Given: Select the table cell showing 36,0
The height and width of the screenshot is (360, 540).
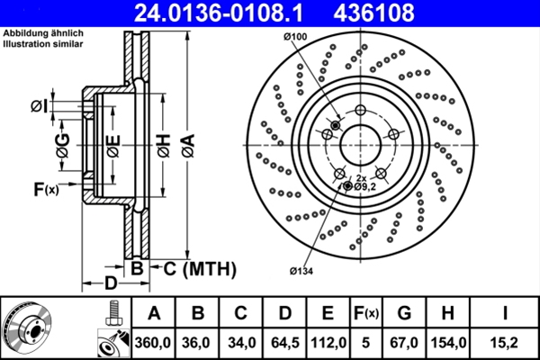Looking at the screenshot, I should click(x=198, y=342).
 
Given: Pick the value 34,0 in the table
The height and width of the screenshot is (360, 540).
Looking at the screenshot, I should click(x=241, y=342).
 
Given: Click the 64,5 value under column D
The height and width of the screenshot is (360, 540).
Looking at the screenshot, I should click(x=284, y=342).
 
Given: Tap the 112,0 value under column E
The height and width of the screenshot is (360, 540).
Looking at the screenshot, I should click(x=328, y=342).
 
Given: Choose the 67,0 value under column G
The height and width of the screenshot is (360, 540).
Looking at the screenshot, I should click(x=404, y=342).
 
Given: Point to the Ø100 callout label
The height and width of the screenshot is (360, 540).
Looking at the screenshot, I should click(x=293, y=36).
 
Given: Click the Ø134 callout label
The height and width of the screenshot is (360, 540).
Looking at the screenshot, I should click(x=301, y=270).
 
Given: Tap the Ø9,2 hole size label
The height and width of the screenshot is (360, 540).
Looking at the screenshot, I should click(x=364, y=185).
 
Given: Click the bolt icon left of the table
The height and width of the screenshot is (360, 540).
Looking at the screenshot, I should click(x=112, y=314).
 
